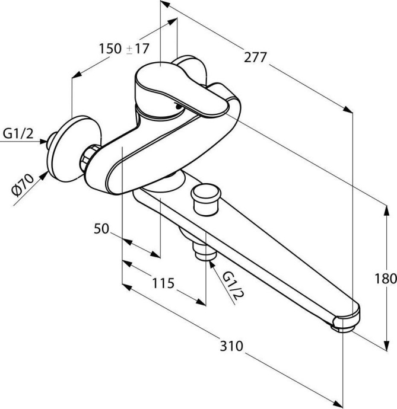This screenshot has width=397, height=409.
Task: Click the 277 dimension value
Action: (255, 57)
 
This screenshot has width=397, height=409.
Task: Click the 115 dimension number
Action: (161, 284)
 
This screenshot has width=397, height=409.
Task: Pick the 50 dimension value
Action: (101, 228)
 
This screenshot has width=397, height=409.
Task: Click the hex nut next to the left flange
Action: (89, 156)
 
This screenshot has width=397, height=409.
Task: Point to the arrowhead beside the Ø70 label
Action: (45, 174)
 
